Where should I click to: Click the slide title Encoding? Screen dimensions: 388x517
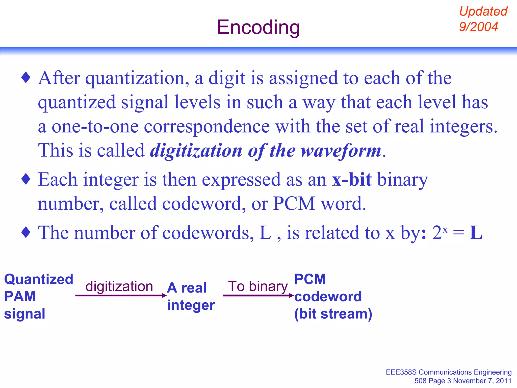click(258, 27)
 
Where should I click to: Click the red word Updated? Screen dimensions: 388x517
click(483, 11)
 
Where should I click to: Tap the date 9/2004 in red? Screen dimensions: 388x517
click(478, 27)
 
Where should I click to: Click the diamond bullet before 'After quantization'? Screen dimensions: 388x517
click(26, 78)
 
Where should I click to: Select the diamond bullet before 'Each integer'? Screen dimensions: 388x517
click(26, 179)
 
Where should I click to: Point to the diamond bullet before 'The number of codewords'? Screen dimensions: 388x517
click(26, 232)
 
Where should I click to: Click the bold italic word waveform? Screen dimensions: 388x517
click(341, 151)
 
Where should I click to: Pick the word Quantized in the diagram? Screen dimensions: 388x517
click(39, 279)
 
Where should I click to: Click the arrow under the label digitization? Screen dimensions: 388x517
click(121, 295)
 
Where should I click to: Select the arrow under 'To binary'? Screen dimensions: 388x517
click(258, 295)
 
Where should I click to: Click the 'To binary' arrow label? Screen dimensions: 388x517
click(258, 286)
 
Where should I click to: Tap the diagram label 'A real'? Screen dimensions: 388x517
click(187, 288)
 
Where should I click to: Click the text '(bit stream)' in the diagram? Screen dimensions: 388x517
click(333, 314)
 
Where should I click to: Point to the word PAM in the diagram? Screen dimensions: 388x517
click(20, 296)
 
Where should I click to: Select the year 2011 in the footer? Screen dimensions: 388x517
click(504, 381)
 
